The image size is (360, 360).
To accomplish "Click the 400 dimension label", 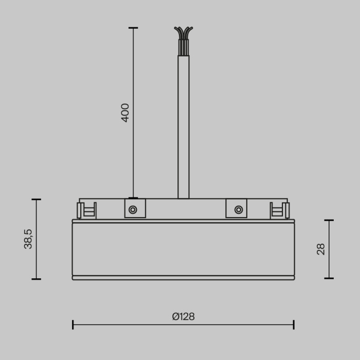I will (x=125, y=113).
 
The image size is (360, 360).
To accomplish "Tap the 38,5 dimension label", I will (x=28, y=239).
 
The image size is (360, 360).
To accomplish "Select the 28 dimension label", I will (x=321, y=249).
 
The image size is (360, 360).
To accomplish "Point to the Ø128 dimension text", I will (x=183, y=317).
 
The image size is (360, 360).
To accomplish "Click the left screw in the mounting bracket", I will (x=133, y=209).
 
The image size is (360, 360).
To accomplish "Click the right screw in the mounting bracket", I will (x=238, y=209).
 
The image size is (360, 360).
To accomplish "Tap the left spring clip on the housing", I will (x=86, y=210).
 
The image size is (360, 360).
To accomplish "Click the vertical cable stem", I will (x=183, y=129).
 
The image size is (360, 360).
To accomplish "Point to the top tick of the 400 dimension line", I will (x=133, y=28).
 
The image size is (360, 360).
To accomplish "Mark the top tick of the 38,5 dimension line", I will (x=36, y=200).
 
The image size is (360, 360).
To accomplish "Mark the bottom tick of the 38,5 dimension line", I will (x=36, y=279).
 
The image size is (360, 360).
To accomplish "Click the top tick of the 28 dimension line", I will (x=329, y=220).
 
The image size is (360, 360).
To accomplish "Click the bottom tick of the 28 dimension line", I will (x=329, y=279).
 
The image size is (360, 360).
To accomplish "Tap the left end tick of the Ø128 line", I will (x=73, y=325).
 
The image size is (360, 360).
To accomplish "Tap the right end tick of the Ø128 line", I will (x=293, y=325).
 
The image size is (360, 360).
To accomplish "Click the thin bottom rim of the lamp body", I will (x=183, y=278).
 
